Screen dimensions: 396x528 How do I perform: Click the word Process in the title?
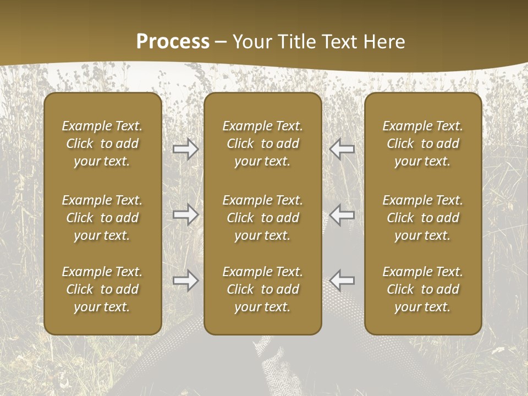[173, 42]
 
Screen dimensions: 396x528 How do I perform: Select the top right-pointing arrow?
[186, 149]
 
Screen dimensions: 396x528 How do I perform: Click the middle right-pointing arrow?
[186, 215]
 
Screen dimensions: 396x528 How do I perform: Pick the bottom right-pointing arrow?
[186, 280]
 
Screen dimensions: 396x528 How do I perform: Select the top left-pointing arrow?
[342, 149]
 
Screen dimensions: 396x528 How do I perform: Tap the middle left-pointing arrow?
[342, 215]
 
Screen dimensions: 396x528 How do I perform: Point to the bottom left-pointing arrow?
[342, 280]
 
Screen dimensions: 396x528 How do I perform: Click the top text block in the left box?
[102, 144]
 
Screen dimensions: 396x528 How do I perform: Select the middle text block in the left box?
[102, 218]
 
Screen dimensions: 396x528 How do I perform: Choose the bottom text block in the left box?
[102, 289]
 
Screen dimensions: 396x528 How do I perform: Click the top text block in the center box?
[263, 144]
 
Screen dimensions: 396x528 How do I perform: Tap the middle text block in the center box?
[263, 218]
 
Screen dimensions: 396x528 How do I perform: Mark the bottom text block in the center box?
[263, 289]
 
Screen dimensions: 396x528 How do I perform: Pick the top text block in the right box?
[423, 144]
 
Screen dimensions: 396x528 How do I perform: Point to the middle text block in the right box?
[423, 218]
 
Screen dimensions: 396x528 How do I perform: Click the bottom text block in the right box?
[423, 289]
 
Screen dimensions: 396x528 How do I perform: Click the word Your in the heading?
[250, 42]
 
